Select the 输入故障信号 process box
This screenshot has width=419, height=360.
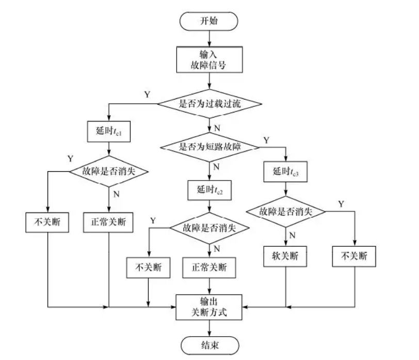pos(208,60)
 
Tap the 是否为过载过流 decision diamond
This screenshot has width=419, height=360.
pos(209,103)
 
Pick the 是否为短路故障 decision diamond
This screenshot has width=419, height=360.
pos(209,146)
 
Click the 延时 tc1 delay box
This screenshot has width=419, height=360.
pos(108,132)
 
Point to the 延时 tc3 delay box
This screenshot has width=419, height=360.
pos(285,172)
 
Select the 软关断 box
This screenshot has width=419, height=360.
pos(285,255)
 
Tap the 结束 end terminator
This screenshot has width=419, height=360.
pos(208,346)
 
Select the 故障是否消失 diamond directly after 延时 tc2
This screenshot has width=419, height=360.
pos(209,228)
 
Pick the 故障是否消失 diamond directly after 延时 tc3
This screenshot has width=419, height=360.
pos(285,211)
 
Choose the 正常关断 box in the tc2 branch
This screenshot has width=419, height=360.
pos(209,268)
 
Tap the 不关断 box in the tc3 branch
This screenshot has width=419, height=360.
pos(355,255)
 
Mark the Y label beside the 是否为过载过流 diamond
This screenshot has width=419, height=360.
pos(147,94)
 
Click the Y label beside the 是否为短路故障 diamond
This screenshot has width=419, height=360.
pos(266,140)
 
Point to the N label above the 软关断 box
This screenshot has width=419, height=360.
pos(293,235)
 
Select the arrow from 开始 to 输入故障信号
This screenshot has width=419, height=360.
pos(208,39)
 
